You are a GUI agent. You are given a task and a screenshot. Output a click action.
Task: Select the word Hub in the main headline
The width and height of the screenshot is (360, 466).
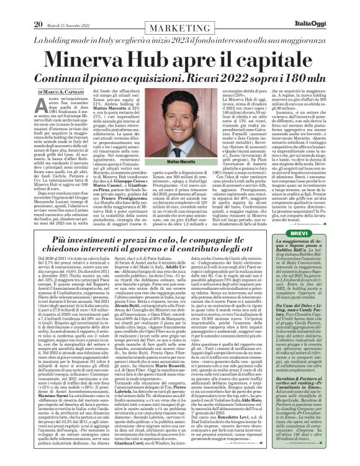pyautogui.click(x=163, y=39)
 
